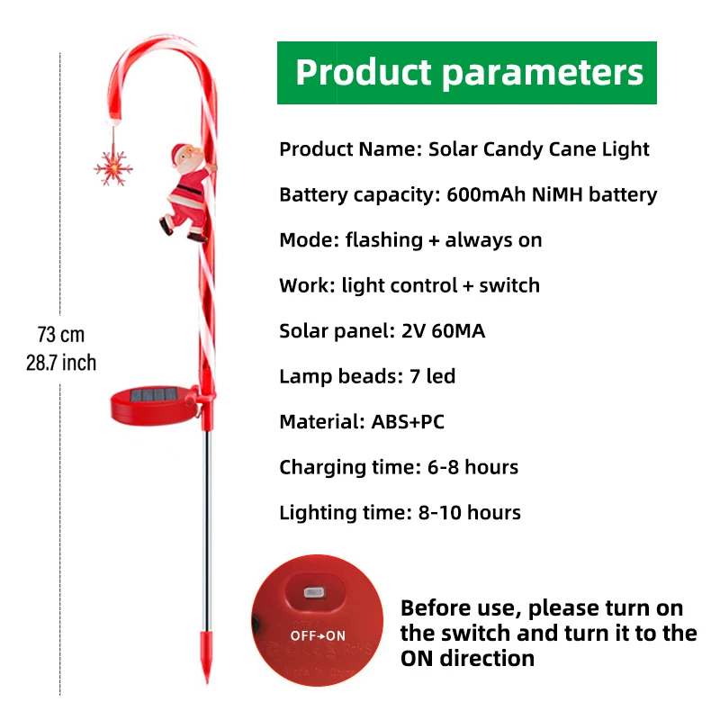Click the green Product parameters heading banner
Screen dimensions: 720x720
click(x=466, y=73)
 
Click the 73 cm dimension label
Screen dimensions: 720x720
click(x=61, y=335)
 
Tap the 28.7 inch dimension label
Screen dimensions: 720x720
click(x=61, y=364)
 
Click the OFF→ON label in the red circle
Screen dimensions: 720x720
click(x=318, y=635)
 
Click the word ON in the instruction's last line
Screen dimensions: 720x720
click(x=421, y=658)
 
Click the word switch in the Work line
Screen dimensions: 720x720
click(x=509, y=285)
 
